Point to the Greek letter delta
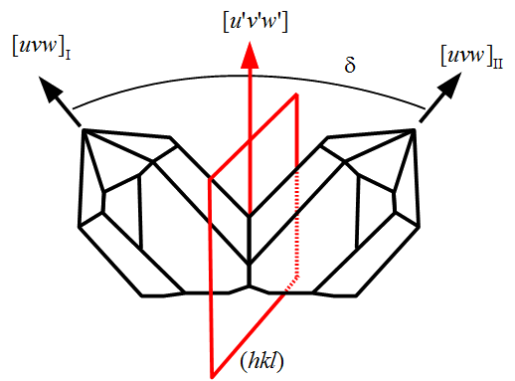click(349, 67)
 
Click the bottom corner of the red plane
click(211, 376)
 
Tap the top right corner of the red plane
click(296, 95)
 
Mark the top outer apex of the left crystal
click(84, 129)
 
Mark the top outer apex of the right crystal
click(415, 129)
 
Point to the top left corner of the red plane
click(211, 179)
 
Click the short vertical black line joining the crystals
click(249, 275)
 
